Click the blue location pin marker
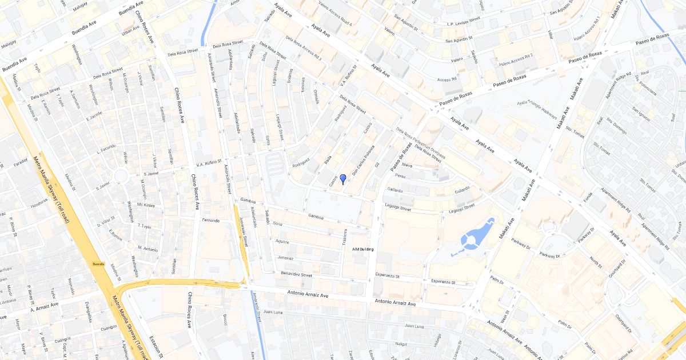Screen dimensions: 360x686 pos(342,179)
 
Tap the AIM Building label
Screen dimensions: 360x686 pos(363,250)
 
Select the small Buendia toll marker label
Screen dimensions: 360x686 pos(98,263)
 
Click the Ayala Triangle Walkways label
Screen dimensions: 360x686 pos(537,110)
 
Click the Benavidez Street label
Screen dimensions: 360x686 pos(297,274)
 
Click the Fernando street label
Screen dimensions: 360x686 pos(210,220)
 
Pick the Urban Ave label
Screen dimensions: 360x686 pos(130,31)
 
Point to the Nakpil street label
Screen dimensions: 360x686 pos(401,344)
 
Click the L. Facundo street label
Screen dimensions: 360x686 pos(106,149)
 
